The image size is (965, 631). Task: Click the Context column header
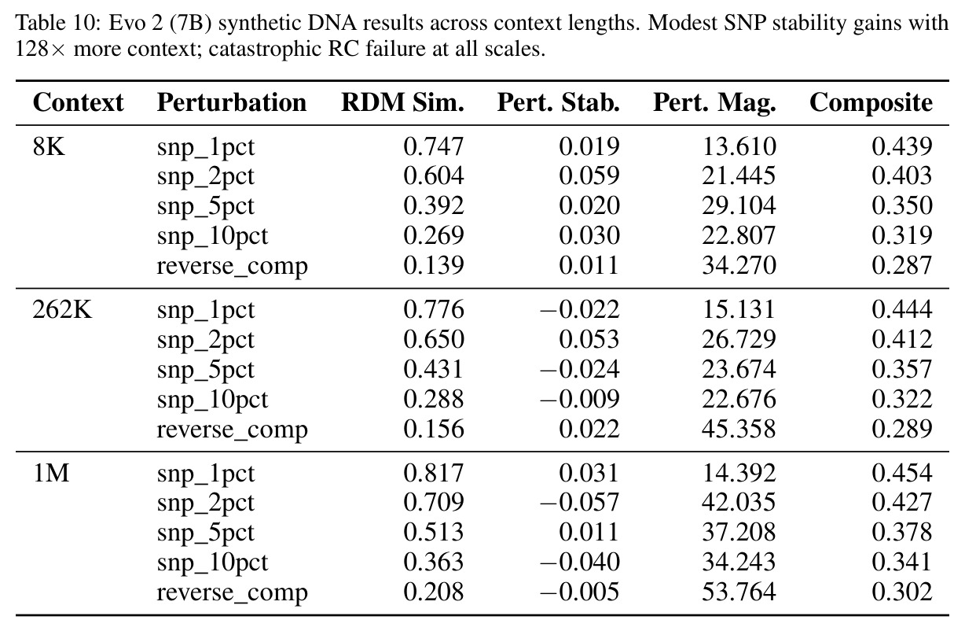click(x=78, y=102)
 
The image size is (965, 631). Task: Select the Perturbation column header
click(x=231, y=102)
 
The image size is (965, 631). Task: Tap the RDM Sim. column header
click(x=402, y=102)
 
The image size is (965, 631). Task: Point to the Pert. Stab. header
click(x=558, y=102)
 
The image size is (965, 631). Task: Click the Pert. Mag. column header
click(x=714, y=104)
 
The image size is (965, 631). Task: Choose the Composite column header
click(x=871, y=104)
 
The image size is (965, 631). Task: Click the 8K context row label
click(x=49, y=146)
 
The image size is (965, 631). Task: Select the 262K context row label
click(x=62, y=309)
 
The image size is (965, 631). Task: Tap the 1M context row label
click(x=51, y=473)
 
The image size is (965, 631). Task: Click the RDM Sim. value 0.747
click(x=434, y=146)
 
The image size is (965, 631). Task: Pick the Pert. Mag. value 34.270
click(x=739, y=265)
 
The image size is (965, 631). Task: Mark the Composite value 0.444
click(x=901, y=309)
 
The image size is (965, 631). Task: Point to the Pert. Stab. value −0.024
click(x=579, y=369)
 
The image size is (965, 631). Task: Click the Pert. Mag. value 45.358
click(x=739, y=429)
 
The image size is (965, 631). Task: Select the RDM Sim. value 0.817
click(x=434, y=473)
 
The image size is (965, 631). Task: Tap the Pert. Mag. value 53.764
click(x=739, y=592)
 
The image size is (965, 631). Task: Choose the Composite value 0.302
click(x=901, y=592)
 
